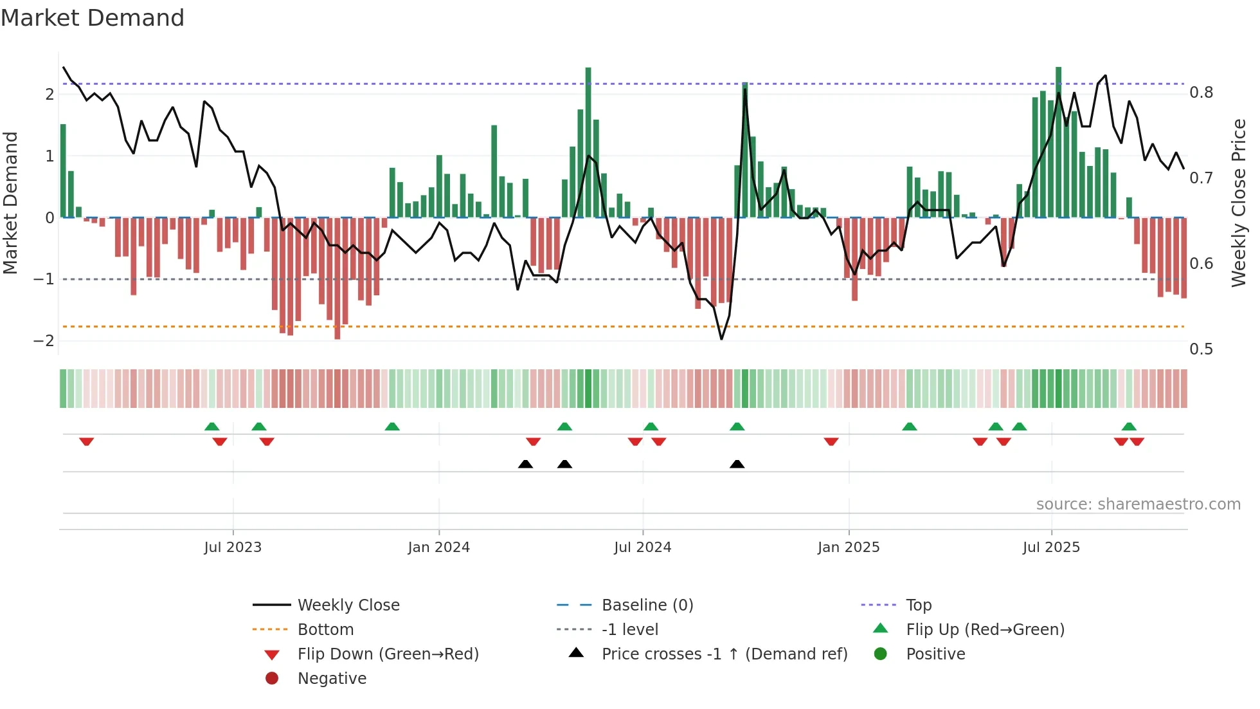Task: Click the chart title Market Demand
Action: [93, 18]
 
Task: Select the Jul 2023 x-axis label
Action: [233, 548]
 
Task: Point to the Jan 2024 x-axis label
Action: [438, 548]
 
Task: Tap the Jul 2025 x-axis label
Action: [1051, 548]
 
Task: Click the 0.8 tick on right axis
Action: [1201, 93]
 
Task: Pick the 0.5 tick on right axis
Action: [1201, 349]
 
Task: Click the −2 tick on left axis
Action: [44, 341]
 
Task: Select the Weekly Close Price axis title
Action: [1238, 203]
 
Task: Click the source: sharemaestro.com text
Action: [1138, 504]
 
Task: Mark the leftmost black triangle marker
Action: [525, 465]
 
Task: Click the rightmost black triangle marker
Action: [737, 465]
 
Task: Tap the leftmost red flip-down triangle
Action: [87, 441]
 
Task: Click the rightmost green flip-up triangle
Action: [1129, 427]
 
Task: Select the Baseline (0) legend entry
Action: [647, 605]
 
